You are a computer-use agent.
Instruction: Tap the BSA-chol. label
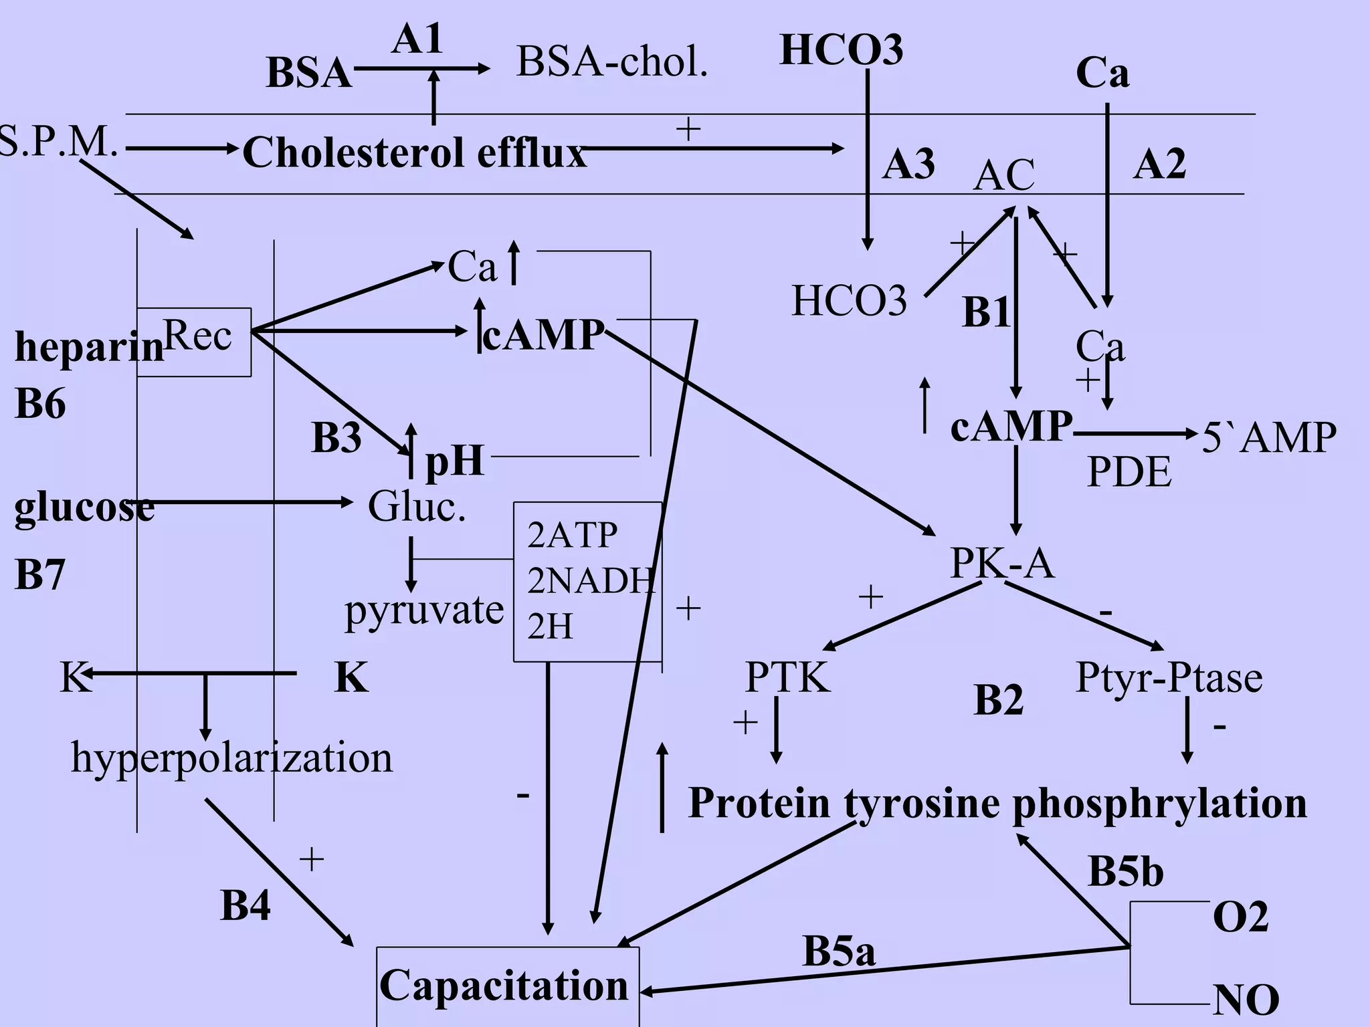[x=611, y=63]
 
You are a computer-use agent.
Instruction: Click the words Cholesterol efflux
[x=414, y=152]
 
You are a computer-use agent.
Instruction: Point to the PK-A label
[x=1001, y=563]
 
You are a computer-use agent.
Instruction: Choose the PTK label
[x=787, y=677]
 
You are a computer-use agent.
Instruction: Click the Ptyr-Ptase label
[x=1169, y=677]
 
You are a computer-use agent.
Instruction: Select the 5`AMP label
[x=1269, y=438]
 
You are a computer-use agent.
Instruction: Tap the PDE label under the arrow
[x=1129, y=472]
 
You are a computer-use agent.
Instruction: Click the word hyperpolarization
[x=231, y=758]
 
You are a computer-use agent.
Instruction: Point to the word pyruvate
[x=424, y=610]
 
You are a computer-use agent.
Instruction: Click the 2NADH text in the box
[x=589, y=580]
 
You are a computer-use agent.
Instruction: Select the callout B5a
[x=838, y=951]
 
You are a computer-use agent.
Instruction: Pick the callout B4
[x=246, y=906]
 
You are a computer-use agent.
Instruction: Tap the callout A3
[x=908, y=164]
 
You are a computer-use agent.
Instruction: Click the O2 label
[x=1240, y=917]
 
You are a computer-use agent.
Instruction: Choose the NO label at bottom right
[x=1246, y=1000]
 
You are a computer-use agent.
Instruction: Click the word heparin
[x=89, y=348]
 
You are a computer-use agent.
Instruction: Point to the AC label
[x=1003, y=175]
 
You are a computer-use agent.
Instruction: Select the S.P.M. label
[x=59, y=142]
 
